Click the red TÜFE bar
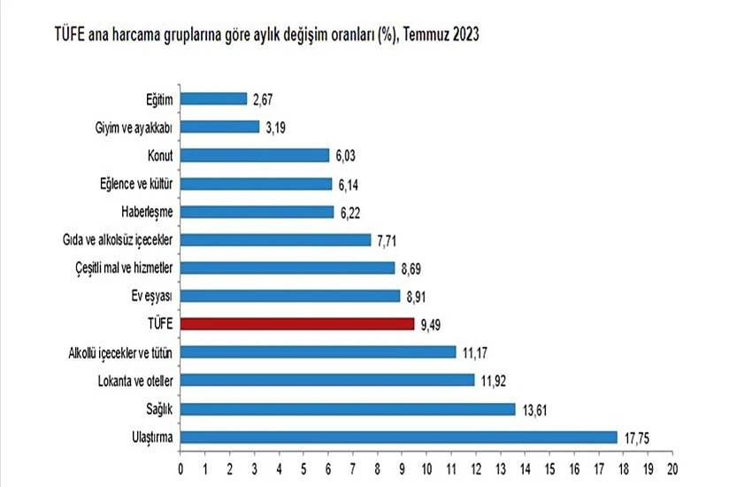(297, 324)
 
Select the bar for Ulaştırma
(399, 437)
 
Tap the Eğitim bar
(214, 98)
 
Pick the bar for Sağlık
(348, 409)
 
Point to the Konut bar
(255, 155)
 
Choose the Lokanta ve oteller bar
(327, 381)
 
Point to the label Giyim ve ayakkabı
(134, 127)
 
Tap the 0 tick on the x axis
(180, 468)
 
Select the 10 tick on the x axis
(426, 468)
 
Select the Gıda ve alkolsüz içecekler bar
(276, 240)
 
